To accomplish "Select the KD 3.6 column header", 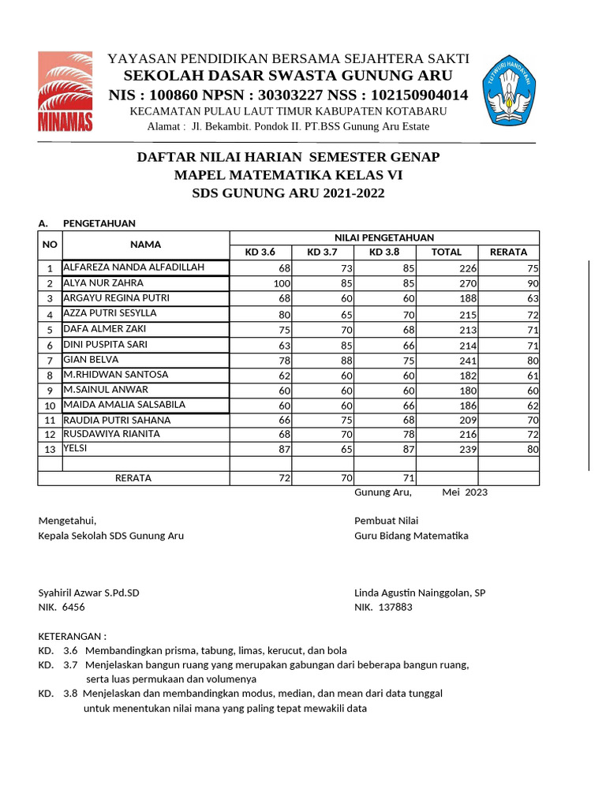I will tap(260, 252).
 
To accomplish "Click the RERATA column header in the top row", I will tap(508, 252).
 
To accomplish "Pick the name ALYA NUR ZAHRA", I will tap(103, 282).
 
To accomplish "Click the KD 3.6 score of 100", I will tap(282, 283).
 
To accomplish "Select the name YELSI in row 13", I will tap(75, 448).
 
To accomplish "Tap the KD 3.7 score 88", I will tap(344, 361).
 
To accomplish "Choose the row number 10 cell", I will tap(49, 406).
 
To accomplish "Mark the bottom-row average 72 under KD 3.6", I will tap(285, 479).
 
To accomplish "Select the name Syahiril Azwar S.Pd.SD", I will tap(88, 593).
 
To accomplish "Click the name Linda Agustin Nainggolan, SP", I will tap(420, 593).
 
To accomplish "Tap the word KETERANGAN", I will tap(72, 636).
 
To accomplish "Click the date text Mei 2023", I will tap(465, 492).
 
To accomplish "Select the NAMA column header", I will tap(146, 245).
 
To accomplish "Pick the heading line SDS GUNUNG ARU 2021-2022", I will tap(289, 193).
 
